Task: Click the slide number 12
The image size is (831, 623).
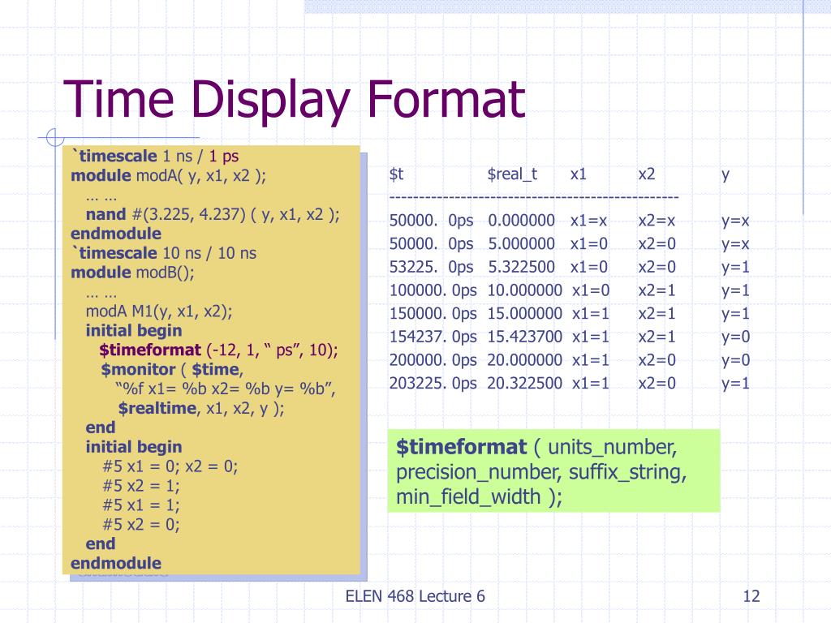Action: (x=751, y=597)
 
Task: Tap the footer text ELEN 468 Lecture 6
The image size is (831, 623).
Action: (x=415, y=597)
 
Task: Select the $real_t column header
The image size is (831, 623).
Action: (x=512, y=174)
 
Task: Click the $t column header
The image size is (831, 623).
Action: (x=397, y=174)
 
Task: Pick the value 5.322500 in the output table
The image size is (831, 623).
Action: (x=521, y=267)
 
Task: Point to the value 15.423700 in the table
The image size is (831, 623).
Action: (x=524, y=337)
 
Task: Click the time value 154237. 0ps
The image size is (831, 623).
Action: (x=433, y=337)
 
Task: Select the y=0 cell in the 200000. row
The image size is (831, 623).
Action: (x=736, y=360)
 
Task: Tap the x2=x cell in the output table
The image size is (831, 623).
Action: (x=657, y=221)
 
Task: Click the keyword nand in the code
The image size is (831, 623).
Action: (x=105, y=214)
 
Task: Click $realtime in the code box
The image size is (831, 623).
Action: (x=157, y=408)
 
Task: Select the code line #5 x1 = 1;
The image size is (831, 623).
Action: (x=141, y=505)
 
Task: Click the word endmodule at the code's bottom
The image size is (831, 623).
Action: (x=116, y=563)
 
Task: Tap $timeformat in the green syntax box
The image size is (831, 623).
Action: (x=461, y=447)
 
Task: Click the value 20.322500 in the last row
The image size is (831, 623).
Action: (x=524, y=383)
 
